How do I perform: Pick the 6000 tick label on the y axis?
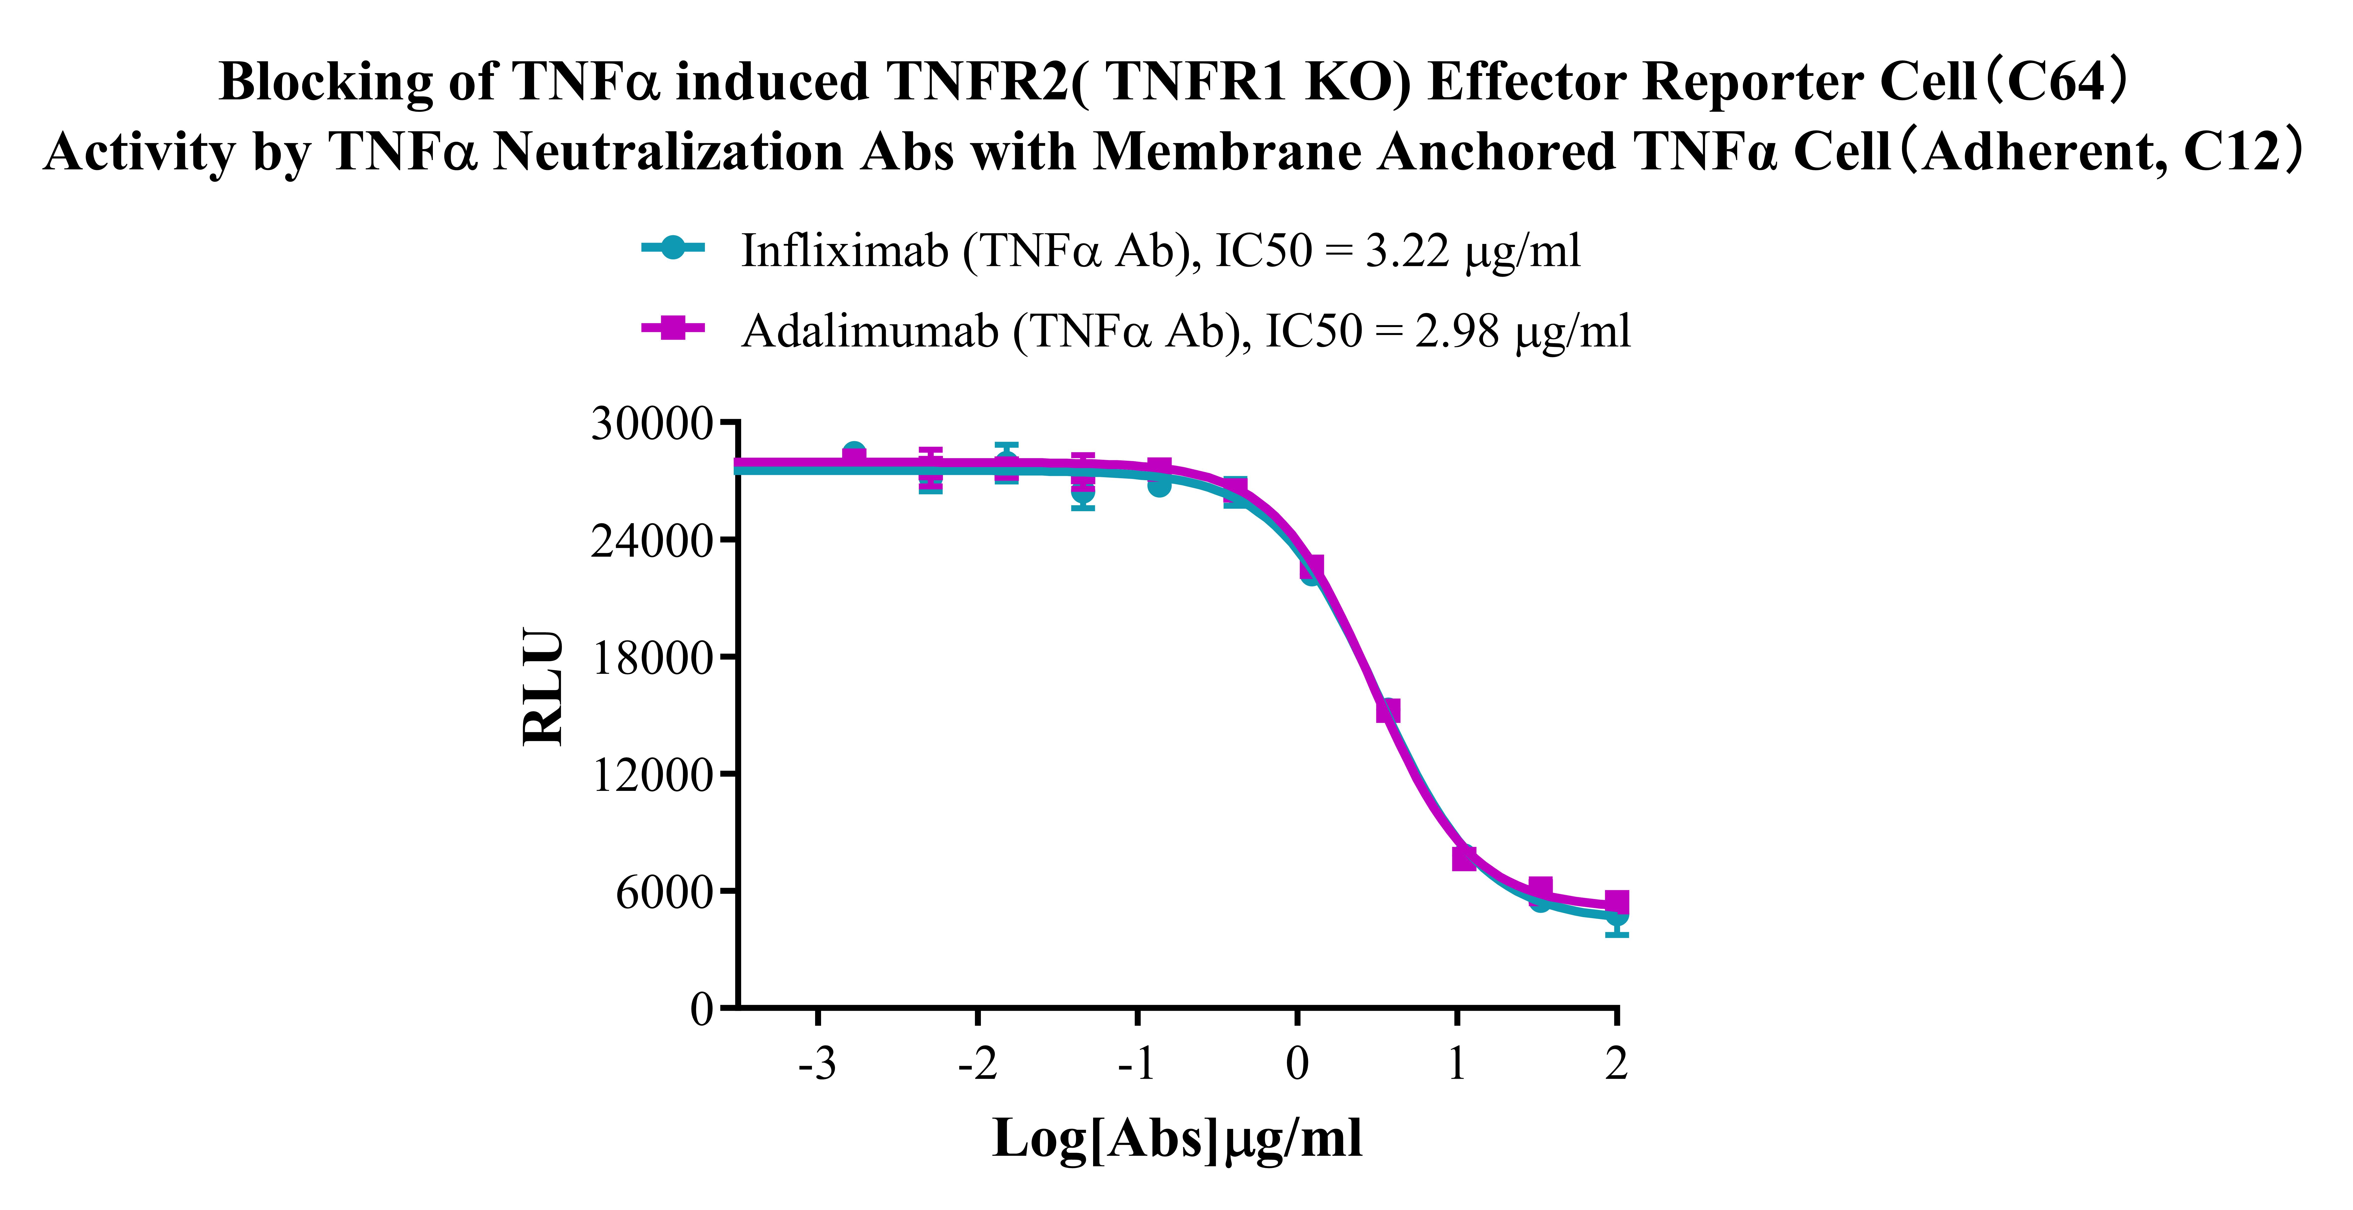click(663, 892)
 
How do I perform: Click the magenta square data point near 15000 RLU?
click(1387, 710)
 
